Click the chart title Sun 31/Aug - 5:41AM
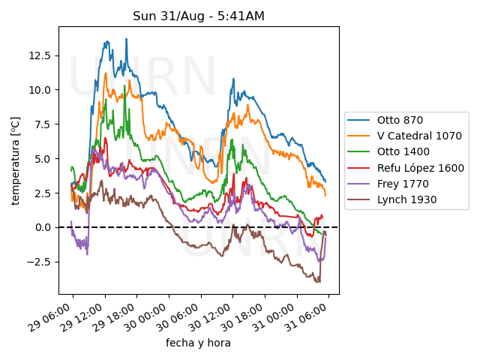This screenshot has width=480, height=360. point(199,16)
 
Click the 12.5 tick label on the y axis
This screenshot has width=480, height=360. point(40,55)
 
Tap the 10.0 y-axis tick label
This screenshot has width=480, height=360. point(40,90)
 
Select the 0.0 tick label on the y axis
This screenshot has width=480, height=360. point(43,227)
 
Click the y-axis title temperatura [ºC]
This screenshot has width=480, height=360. point(15,160)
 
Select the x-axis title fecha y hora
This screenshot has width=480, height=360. point(198,343)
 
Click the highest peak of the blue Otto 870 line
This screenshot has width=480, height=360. point(127,39)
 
